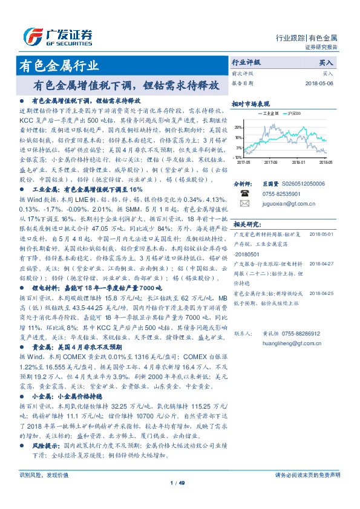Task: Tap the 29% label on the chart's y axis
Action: (239, 128)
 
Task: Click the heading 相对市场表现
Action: (249, 105)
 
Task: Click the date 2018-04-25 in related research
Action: (321, 293)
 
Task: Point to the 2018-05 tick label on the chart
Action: (326, 162)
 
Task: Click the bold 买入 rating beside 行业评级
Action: (326, 62)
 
